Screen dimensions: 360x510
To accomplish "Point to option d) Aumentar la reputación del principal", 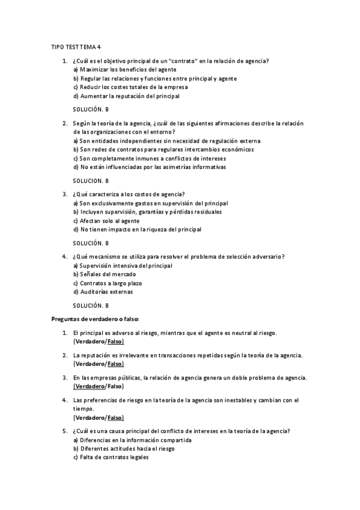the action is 126,96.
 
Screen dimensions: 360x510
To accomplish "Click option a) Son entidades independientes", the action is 158,141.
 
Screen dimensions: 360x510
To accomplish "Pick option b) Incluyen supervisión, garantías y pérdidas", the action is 147,212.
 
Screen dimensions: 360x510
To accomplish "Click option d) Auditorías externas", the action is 103,292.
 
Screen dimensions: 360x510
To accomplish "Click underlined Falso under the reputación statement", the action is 115,364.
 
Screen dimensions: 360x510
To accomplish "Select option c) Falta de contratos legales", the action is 111,457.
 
